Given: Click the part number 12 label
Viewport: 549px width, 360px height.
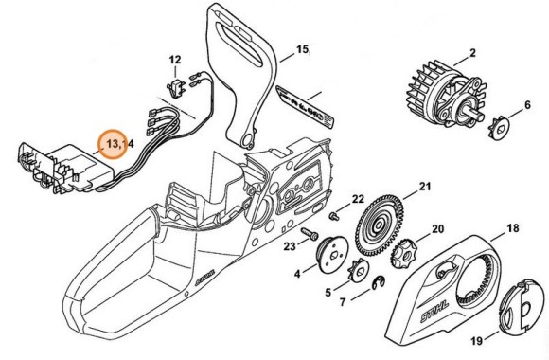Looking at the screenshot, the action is click(175, 60).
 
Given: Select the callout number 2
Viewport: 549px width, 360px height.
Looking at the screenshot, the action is click(472, 53).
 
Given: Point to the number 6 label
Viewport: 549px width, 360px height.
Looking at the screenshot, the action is click(527, 105).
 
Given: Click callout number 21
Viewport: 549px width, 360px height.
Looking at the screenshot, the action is click(425, 187).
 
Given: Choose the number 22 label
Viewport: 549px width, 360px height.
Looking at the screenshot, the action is click(358, 199).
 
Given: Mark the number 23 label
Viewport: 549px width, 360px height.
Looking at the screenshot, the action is click(290, 246).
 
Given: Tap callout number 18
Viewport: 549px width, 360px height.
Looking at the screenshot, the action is click(513, 228).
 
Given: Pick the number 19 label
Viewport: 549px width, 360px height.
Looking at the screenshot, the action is click(477, 341).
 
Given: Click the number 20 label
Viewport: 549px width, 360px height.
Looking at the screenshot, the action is click(437, 229).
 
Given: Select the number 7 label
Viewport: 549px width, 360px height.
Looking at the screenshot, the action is click(343, 302).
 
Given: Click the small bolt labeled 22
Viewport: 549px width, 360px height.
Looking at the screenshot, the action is click(335, 216).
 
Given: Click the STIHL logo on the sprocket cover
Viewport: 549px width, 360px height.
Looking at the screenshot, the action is click(434, 312).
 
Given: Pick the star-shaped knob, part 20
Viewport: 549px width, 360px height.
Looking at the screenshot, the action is click(403, 253).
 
